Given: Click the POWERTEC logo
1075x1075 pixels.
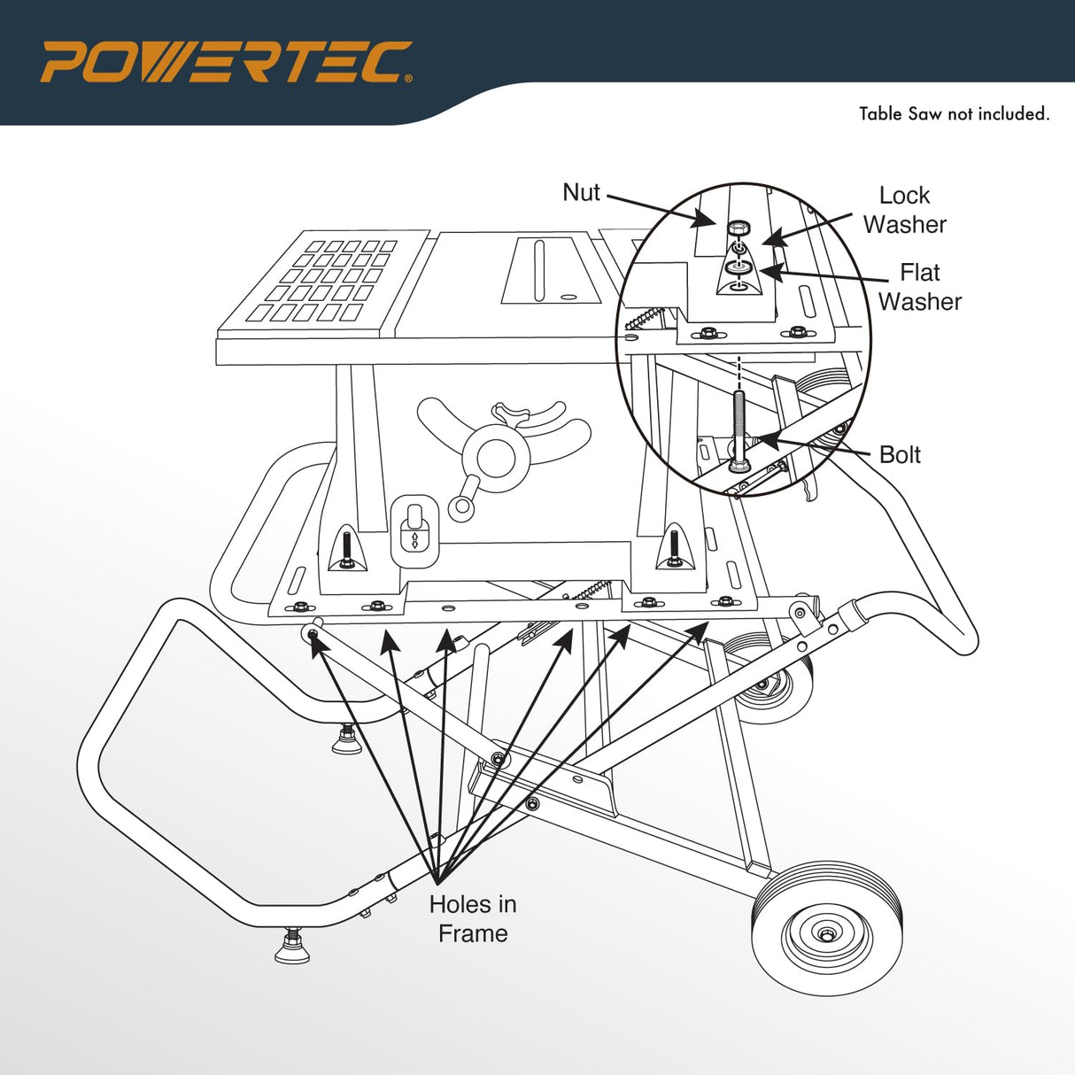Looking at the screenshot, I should (x=226, y=62).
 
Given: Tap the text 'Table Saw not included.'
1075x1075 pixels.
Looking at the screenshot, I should (x=954, y=114).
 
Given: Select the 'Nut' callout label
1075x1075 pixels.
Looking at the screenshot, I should (x=581, y=192).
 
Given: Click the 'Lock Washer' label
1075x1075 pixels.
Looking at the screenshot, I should (x=904, y=210).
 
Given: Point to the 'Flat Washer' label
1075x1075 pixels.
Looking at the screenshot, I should (x=919, y=287).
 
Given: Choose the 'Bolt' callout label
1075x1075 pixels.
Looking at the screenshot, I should (x=900, y=454).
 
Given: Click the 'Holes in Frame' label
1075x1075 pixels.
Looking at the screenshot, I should (x=472, y=918).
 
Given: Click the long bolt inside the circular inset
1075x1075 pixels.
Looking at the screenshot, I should (x=739, y=429).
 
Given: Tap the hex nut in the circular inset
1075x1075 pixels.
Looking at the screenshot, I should (x=737, y=228).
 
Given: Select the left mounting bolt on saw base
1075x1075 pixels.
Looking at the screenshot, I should (x=346, y=550).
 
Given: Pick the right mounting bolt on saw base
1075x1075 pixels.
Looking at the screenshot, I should (x=675, y=547).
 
